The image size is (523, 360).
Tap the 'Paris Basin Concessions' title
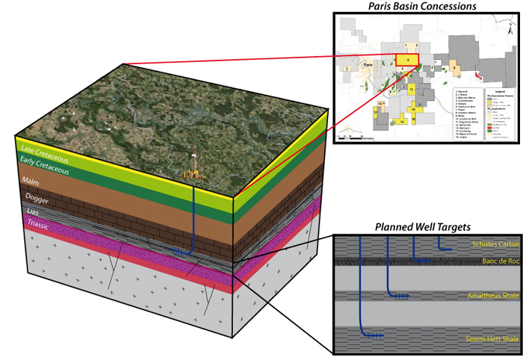point(423,7)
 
